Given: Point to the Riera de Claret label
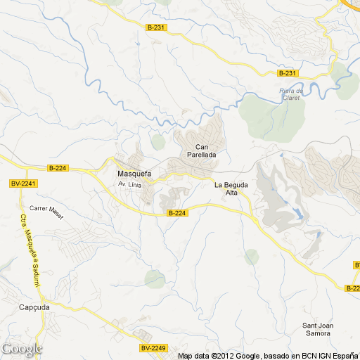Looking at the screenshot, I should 290,94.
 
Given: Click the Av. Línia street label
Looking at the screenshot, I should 129,184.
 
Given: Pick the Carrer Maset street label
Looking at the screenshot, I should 46,213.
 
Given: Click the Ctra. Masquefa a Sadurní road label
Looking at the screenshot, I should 29,250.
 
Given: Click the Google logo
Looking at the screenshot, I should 21,349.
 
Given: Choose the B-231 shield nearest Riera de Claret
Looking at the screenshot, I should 287,73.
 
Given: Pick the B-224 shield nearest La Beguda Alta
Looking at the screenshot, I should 177,212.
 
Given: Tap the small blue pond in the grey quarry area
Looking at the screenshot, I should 299,212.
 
